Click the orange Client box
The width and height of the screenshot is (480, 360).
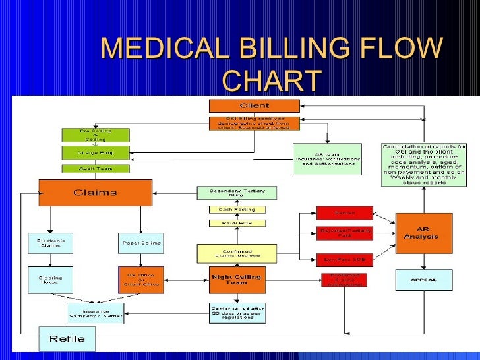pyautogui.click(x=254, y=105)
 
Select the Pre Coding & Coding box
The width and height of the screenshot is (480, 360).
pyautogui.click(x=96, y=135)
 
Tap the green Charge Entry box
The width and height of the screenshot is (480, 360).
pyautogui.click(x=96, y=152)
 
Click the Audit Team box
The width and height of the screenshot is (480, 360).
pyautogui.click(x=96, y=169)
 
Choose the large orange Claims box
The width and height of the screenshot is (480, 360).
pyautogui.click(x=95, y=193)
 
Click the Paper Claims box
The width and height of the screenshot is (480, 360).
pyautogui.click(x=140, y=244)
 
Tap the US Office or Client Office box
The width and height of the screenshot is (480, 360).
pyautogui.click(x=140, y=280)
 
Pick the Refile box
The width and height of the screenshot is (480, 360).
pyautogui.click(x=67, y=339)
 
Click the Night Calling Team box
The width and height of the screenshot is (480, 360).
pyautogui.click(x=237, y=280)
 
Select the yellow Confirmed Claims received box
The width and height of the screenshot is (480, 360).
pyautogui.click(x=237, y=253)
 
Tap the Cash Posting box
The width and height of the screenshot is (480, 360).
pyautogui.click(x=237, y=210)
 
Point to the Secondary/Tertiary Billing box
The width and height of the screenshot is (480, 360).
pyautogui.click(x=237, y=193)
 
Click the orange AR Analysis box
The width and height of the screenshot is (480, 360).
pyautogui.click(x=425, y=233)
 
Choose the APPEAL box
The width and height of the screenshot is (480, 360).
pyautogui.click(x=424, y=280)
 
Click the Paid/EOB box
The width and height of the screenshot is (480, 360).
pyautogui.click(x=237, y=223)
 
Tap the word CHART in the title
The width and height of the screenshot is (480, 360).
pyautogui.click(x=272, y=80)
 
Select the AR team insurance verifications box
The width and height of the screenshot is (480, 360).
pyautogui.click(x=328, y=159)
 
